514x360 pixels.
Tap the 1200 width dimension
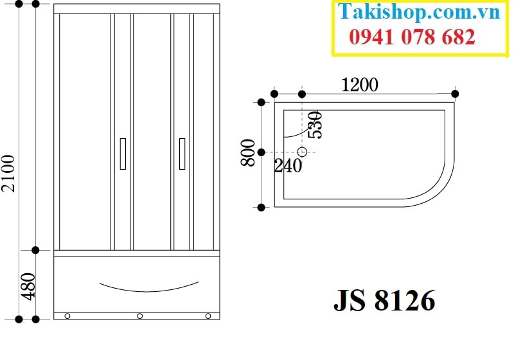coord(360,84)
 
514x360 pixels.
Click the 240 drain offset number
coord(288,166)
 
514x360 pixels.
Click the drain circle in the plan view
coord(303,152)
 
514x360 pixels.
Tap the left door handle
coord(123,154)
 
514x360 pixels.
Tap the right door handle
coord(182,154)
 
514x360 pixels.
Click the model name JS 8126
coord(384,300)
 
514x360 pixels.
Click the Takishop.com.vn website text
coord(419,12)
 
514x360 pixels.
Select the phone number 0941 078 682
coord(412,37)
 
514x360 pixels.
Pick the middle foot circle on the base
coord(139,316)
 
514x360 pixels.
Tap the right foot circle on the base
coord(208,316)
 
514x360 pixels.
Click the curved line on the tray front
coord(149,287)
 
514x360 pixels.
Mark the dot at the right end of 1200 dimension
coord(455,94)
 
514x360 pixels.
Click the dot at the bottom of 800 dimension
coord(261,207)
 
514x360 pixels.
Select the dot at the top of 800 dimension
coord(261,102)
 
